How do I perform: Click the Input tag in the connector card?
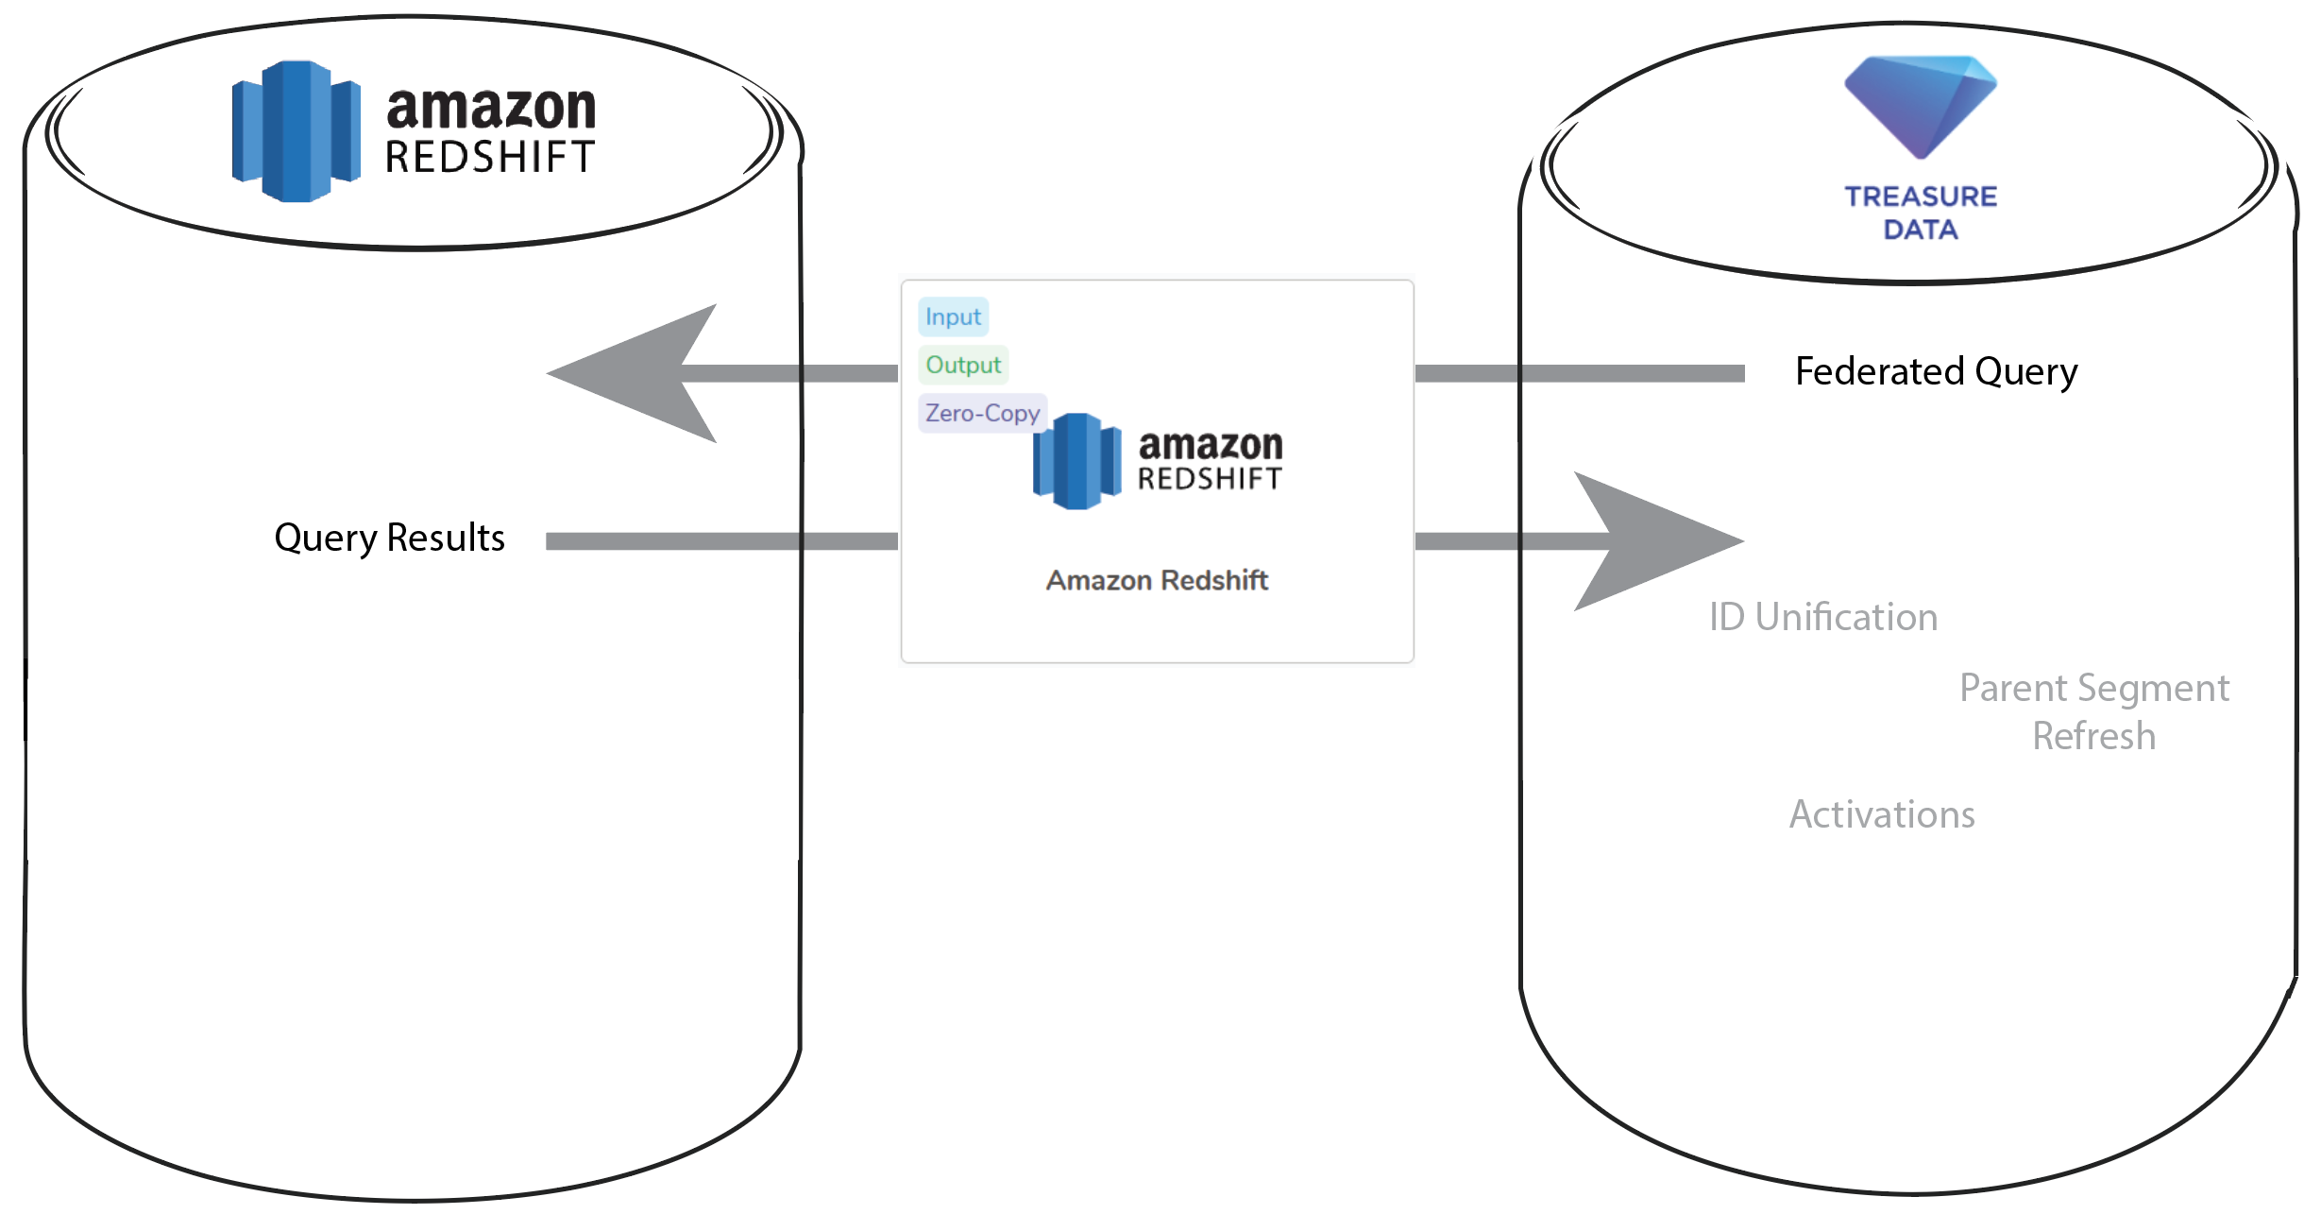[x=953, y=316]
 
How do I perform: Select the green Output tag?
[x=962, y=365]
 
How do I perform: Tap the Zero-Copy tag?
[x=982, y=413]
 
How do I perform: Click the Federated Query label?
[x=1936, y=371]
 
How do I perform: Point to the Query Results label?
[x=389, y=538]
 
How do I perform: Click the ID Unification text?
[x=1822, y=617]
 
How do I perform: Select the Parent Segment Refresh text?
[x=2093, y=710]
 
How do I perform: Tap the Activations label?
[x=1882, y=814]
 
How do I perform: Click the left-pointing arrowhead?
[x=642, y=373]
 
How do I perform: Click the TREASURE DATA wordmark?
[x=1921, y=213]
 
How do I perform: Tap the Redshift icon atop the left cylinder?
[x=296, y=131]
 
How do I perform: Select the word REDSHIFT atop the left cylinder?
[x=490, y=157]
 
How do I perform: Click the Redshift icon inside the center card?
[x=1076, y=461]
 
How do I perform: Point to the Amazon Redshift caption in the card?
[x=1157, y=580]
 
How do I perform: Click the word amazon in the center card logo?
[x=1211, y=444]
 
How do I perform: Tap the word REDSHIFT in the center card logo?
[x=1210, y=479]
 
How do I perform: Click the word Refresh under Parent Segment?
[x=2093, y=736]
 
